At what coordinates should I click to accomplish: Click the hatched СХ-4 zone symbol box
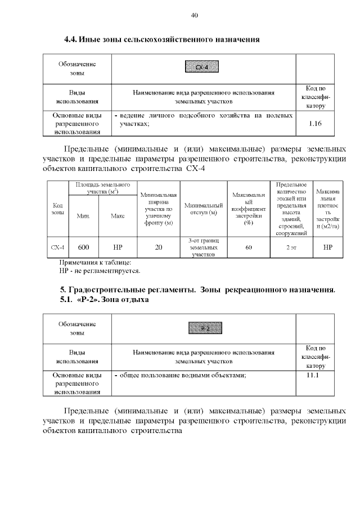tap(202, 68)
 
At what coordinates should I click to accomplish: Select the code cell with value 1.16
tap(316, 123)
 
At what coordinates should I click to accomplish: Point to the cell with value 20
tap(158, 247)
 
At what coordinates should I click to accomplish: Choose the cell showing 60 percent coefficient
tap(248, 247)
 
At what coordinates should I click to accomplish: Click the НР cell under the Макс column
tap(118, 247)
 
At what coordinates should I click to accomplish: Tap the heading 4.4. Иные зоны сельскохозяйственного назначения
tap(162, 40)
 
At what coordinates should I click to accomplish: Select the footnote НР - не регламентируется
tap(100, 271)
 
